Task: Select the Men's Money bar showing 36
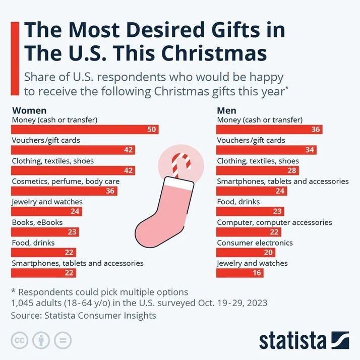(269, 130)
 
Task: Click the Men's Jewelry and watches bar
(239, 273)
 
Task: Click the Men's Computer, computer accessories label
(274, 222)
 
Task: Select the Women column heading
(29, 110)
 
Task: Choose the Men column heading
(226, 110)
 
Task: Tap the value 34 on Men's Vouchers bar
(310, 150)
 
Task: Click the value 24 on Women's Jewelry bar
(75, 212)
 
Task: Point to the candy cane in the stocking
(178, 164)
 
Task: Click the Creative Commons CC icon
(19, 340)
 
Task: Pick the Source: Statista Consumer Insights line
(84, 315)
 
